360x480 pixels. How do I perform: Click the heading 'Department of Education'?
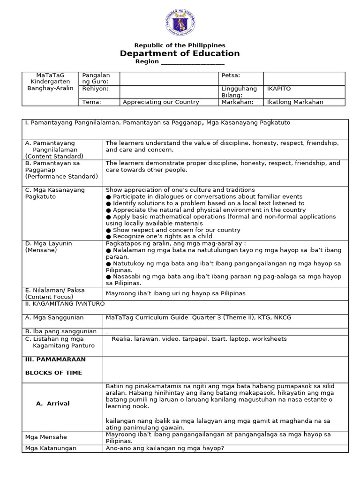[180, 53]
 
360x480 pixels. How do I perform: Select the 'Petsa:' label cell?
[230, 75]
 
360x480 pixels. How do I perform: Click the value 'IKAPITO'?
[278, 88]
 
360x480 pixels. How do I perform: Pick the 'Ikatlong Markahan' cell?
[295, 102]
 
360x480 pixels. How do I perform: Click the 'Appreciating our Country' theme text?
[161, 102]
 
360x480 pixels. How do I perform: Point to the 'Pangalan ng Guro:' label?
[96, 78]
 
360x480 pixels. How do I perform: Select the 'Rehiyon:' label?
[95, 88]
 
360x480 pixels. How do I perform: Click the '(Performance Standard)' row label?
[61, 176]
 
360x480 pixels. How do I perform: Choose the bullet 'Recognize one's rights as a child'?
[159, 236]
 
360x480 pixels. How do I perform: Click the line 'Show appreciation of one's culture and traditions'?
[180, 190]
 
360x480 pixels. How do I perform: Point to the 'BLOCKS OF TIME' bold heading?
[53, 373]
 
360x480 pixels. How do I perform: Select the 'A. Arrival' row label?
[52, 403]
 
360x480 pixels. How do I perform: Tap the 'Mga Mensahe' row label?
[46, 437]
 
